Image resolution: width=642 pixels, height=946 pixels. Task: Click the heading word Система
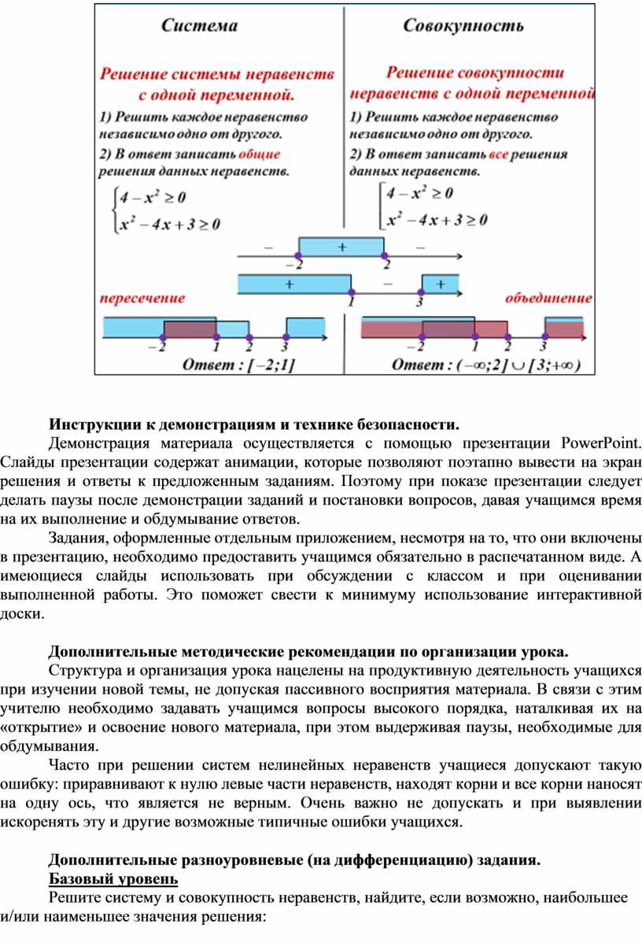point(200,26)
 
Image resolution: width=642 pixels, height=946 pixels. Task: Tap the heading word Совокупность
point(463,26)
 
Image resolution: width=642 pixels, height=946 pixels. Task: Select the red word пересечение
point(142,298)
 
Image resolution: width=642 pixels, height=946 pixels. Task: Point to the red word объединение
point(548,298)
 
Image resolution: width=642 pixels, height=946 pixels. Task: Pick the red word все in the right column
point(499,154)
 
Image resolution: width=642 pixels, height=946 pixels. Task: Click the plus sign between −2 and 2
point(341,246)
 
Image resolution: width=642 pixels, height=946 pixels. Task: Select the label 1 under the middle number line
point(351,300)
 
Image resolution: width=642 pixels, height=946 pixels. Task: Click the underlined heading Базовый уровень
point(113,878)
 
